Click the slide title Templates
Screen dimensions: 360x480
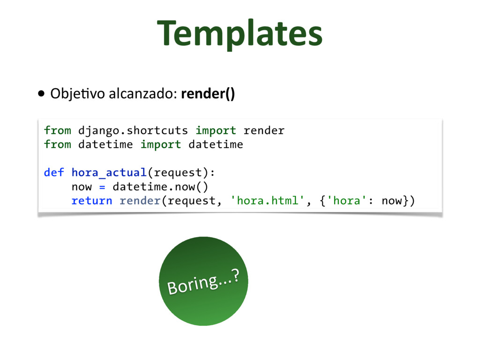tap(240, 34)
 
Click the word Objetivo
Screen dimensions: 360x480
tap(78, 94)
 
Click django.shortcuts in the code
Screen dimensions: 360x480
tap(133, 130)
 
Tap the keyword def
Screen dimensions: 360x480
tap(54, 172)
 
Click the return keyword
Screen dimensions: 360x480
tap(92, 201)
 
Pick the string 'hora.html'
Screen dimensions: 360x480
tap(265, 201)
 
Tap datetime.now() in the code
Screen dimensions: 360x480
tap(160, 187)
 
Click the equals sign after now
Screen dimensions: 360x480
tap(102, 187)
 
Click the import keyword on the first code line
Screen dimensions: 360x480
tap(216, 130)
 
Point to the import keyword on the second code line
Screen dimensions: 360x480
tap(161, 144)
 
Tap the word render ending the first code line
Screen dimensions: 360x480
tap(264, 130)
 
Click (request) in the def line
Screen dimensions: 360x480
tap(181, 172)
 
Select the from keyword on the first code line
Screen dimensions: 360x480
tap(57, 130)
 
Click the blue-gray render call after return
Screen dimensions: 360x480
tap(140, 201)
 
